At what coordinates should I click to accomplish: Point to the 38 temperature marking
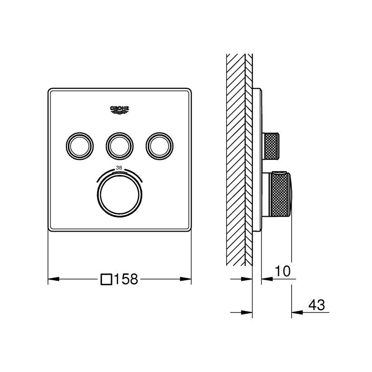pyautogui.click(x=119, y=168)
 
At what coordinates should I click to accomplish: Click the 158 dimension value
pyautogui.click(x=125, y=280)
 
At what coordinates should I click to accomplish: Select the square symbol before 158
pyautogui.click(x=106, y=279)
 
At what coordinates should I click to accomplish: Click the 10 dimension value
pyautogui.click(x=282, y=271)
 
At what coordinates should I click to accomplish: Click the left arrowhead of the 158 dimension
pyautogui.click(x=52, y=279)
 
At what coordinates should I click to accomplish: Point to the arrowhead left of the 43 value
pyautogui.click(x=296, y=312)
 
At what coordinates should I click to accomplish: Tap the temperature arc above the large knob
pyautogui.click(x=120, y=173)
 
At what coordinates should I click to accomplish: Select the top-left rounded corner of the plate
pyautogui.click(x=51, y=91)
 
